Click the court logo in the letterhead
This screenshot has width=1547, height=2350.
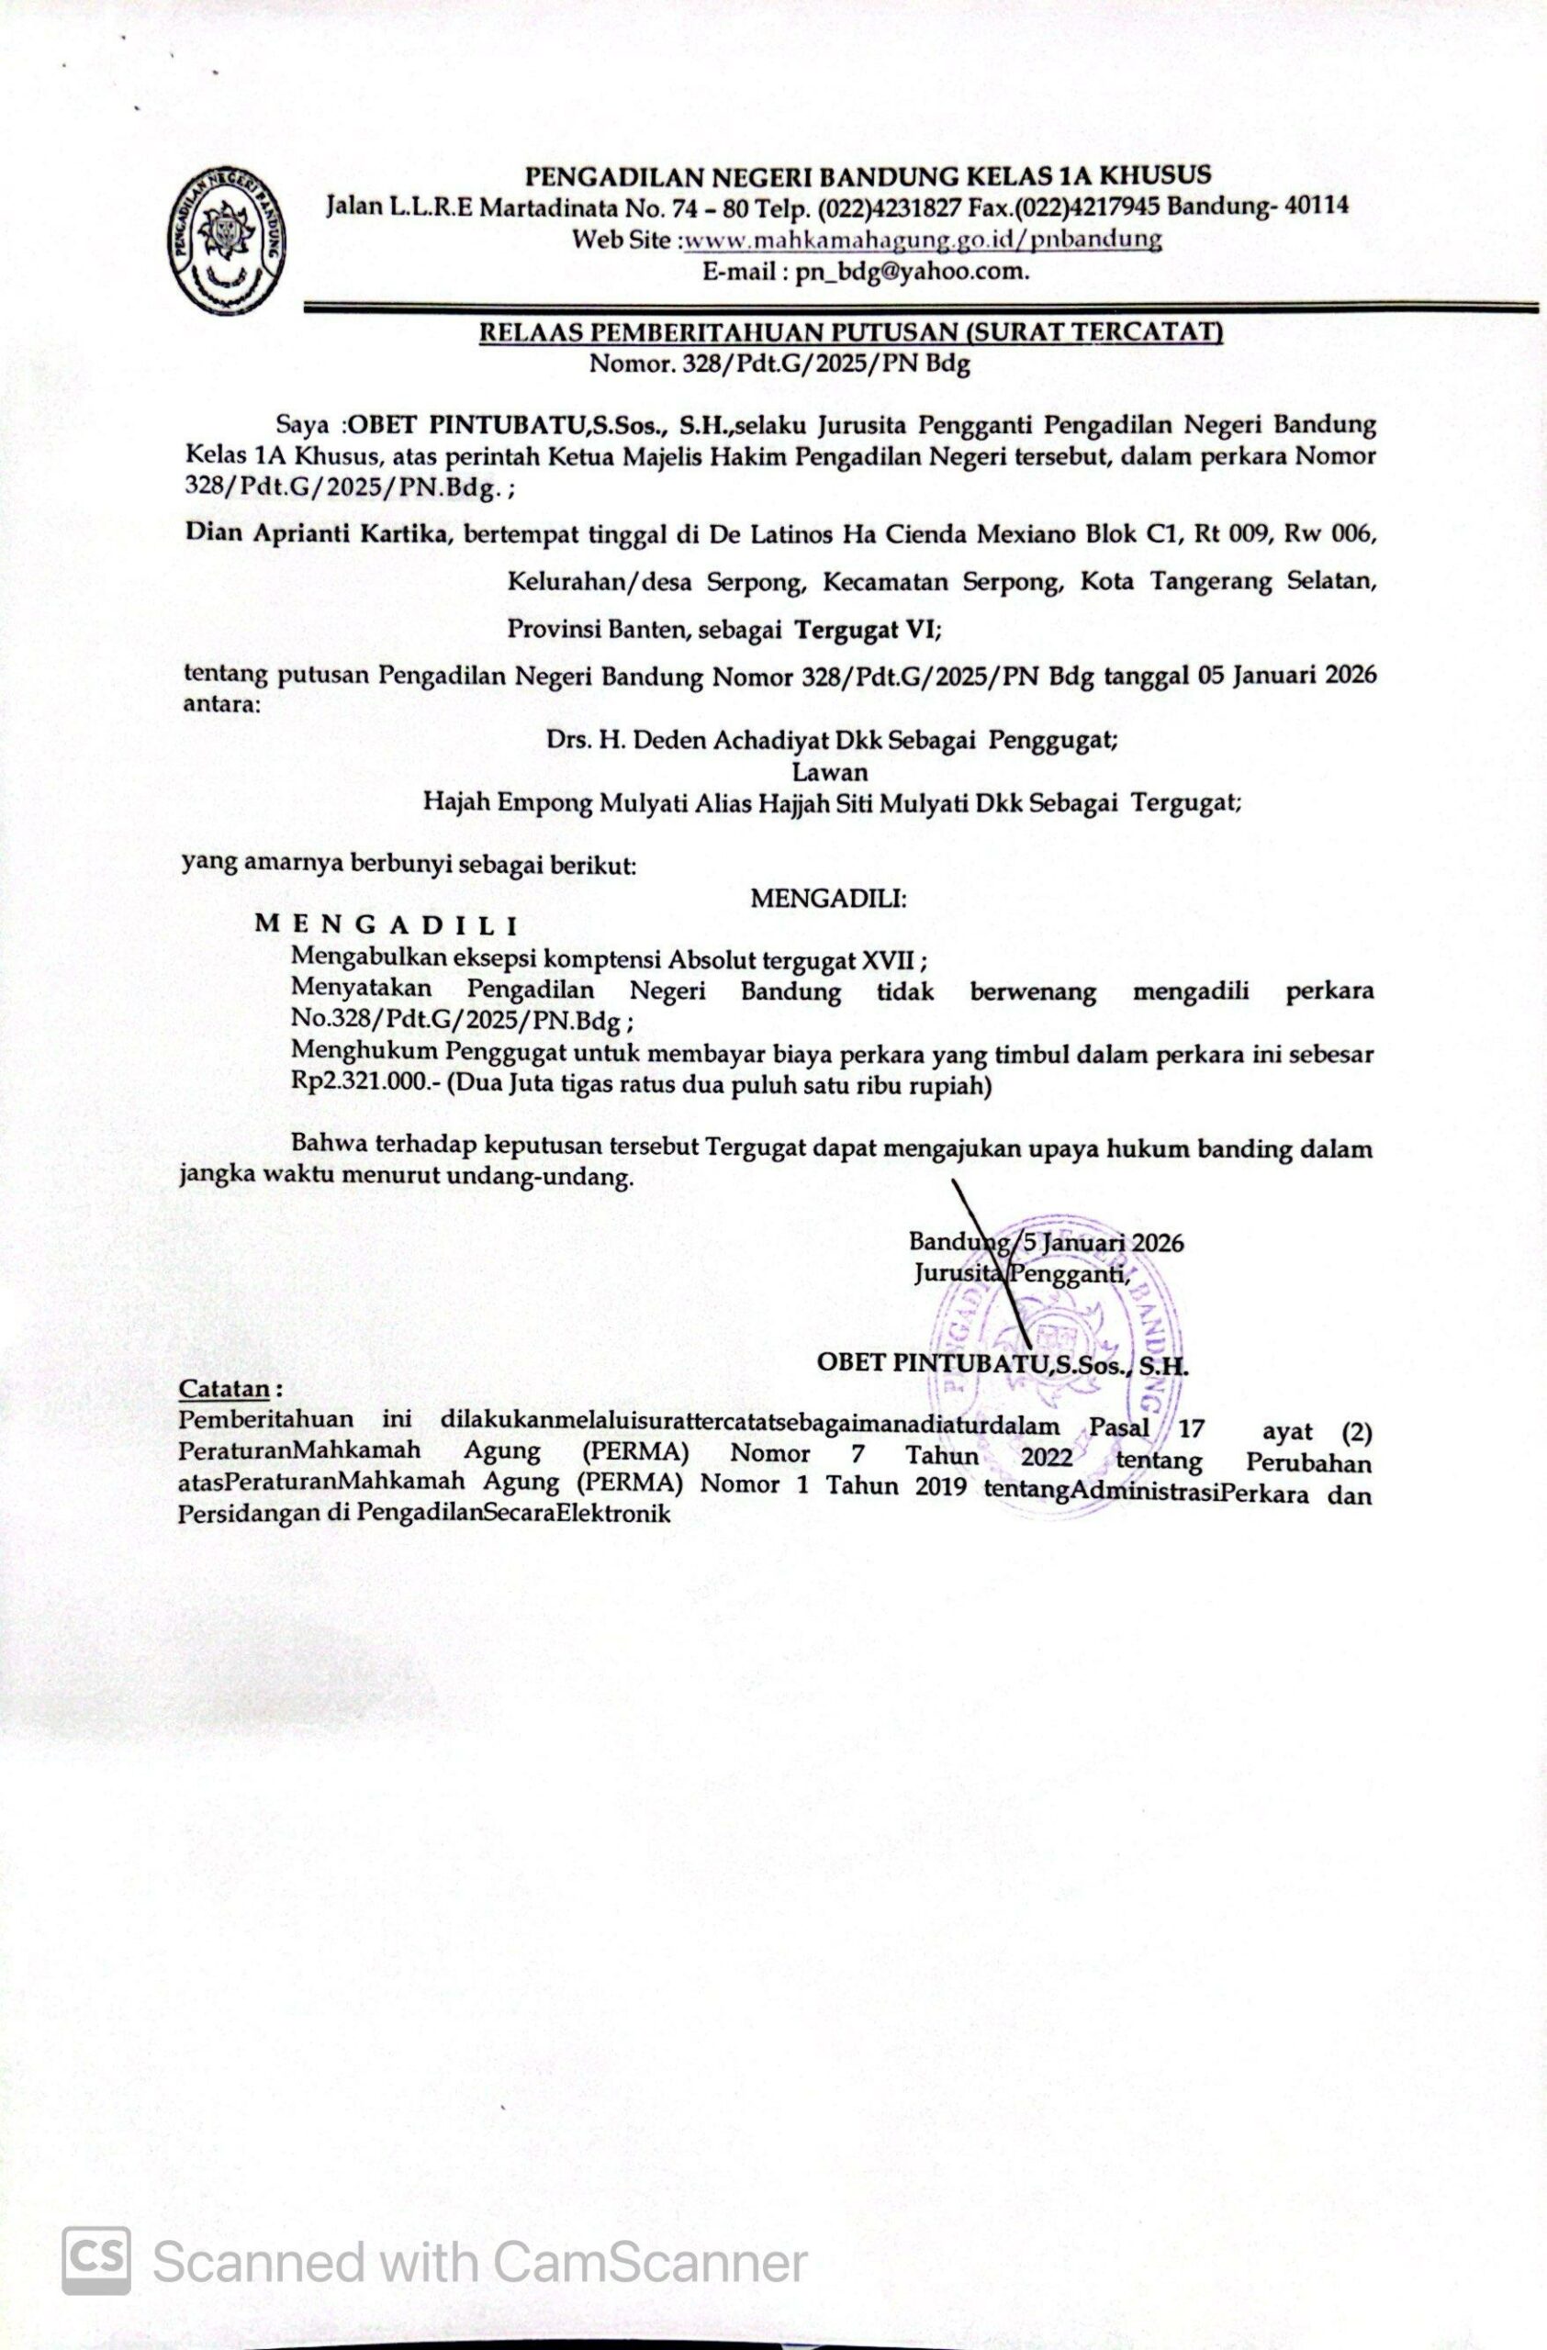click(228, 238)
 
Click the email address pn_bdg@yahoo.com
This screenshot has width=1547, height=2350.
click(913, 271)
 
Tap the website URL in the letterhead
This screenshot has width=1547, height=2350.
click(922, 239)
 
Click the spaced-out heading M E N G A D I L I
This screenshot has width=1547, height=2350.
click(387, 925)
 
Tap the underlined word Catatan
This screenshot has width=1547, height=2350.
click(224, 1388)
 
